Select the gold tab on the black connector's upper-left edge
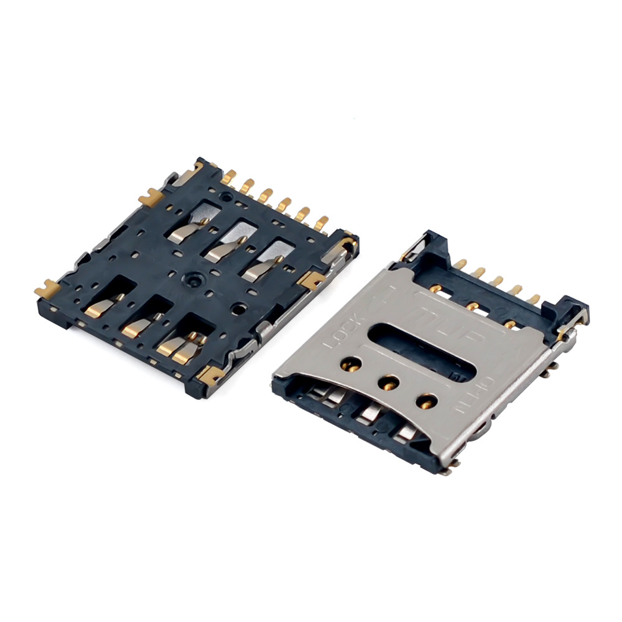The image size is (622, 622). (x=150, y=198)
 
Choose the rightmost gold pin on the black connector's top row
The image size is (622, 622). (x=323, y=223)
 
